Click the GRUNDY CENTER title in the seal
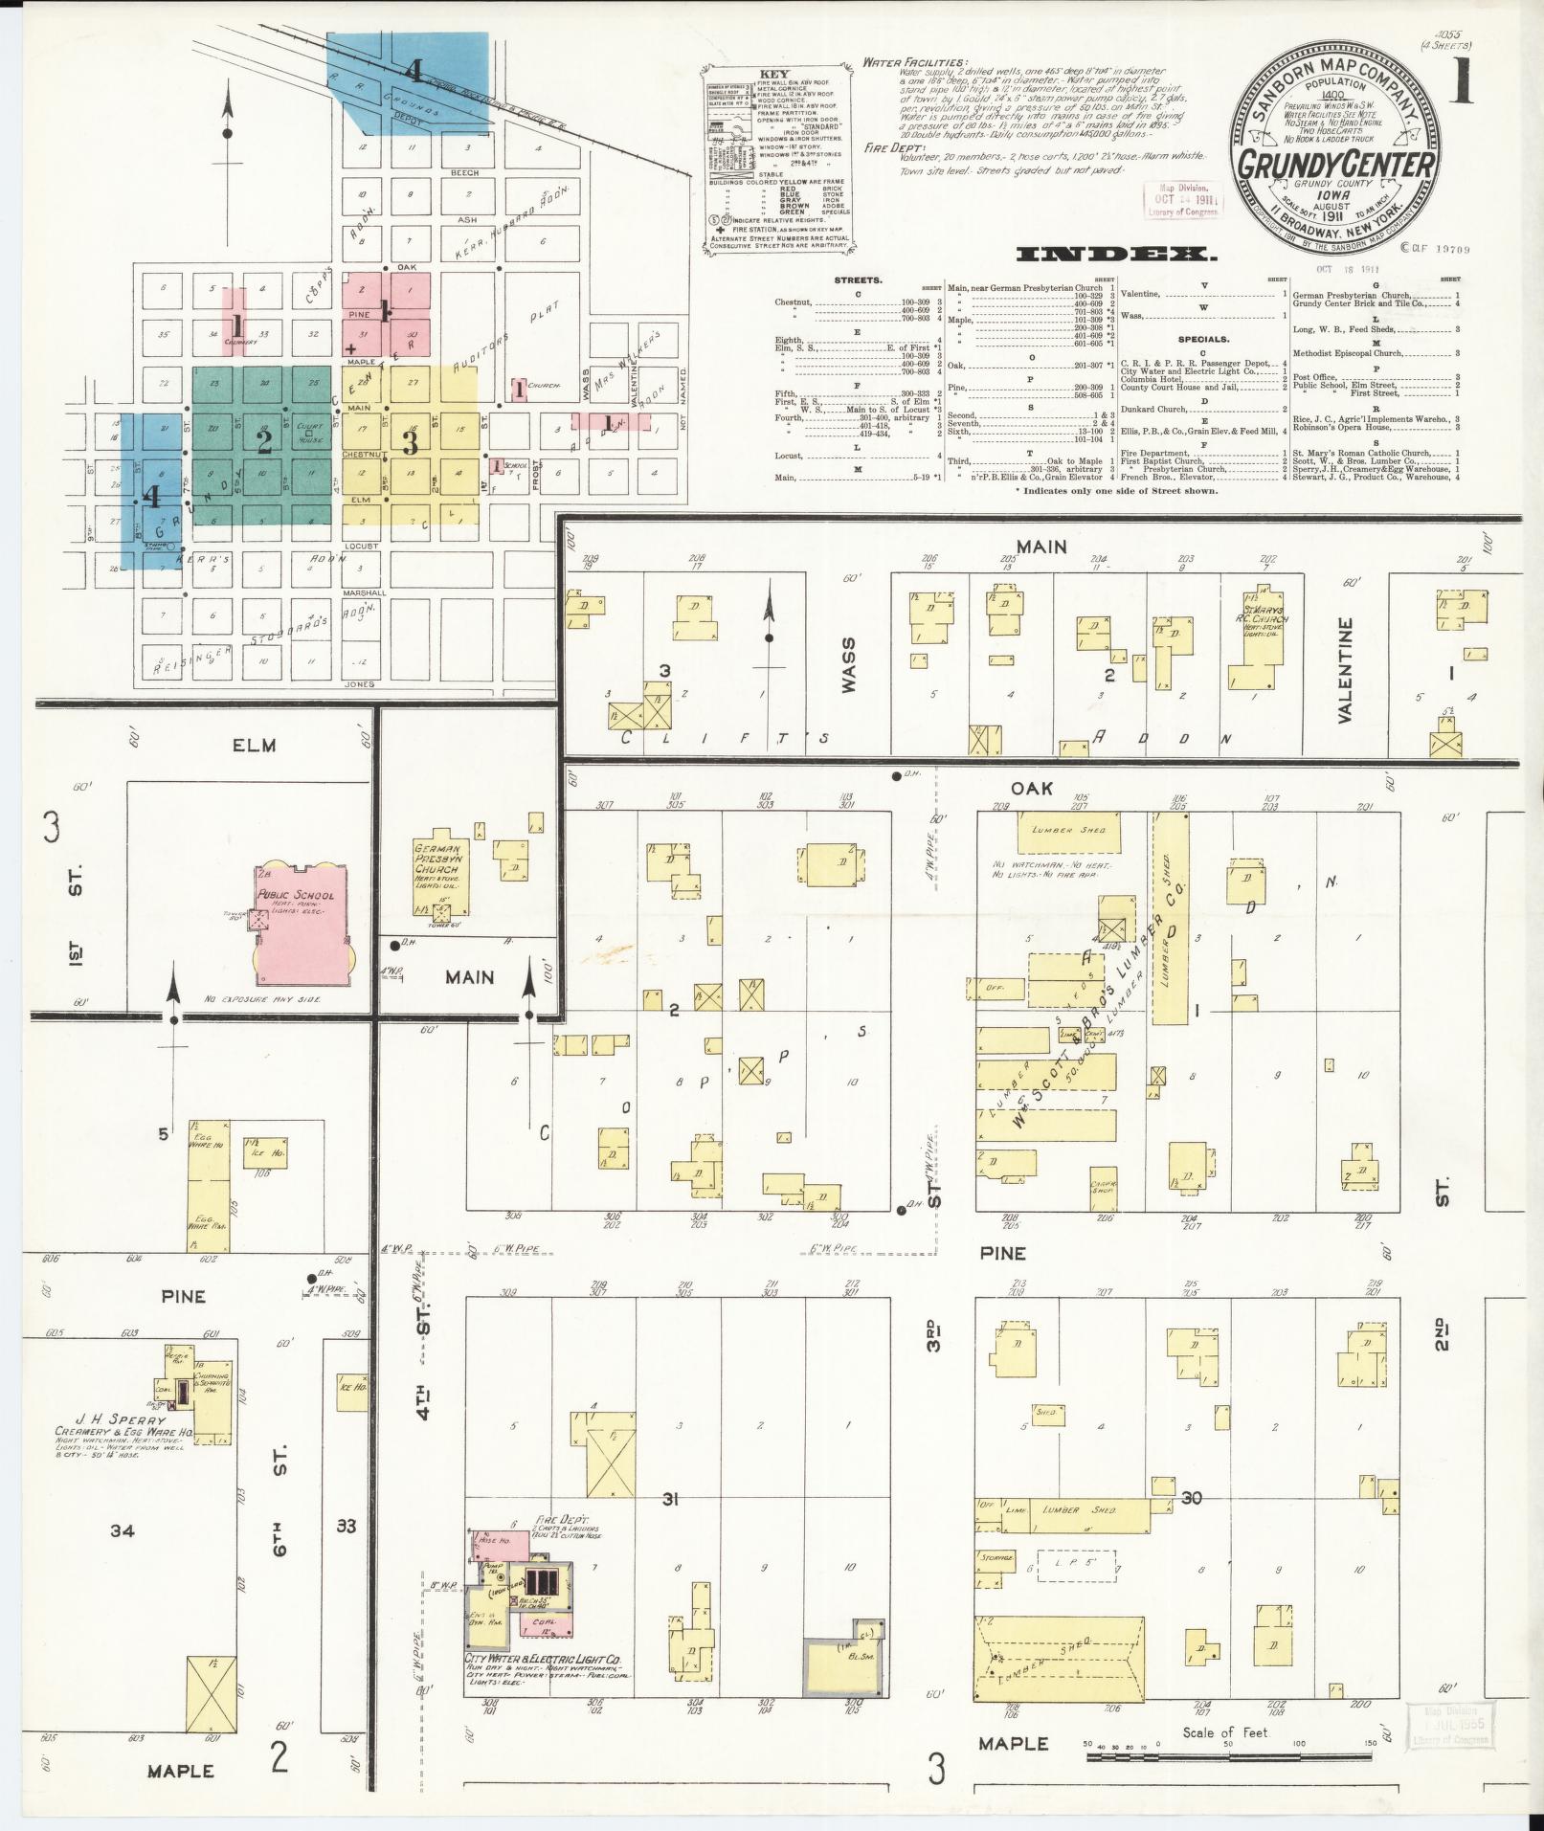[1337, 163]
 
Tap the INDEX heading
[1115, 255]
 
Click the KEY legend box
[775, 157]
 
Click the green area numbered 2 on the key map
[264, 442]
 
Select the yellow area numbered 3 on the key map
[411, 443]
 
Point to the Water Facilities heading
[914, 62]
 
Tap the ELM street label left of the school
[254, 745]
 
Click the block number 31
[669, 1499]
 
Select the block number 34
[122, 1531]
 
